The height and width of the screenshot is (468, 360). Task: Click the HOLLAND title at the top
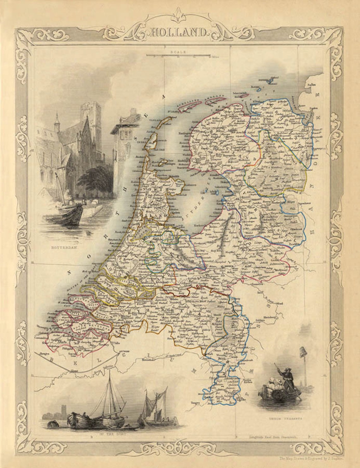(x=179, y=32)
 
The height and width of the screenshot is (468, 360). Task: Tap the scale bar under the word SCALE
(x=178, y=56)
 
